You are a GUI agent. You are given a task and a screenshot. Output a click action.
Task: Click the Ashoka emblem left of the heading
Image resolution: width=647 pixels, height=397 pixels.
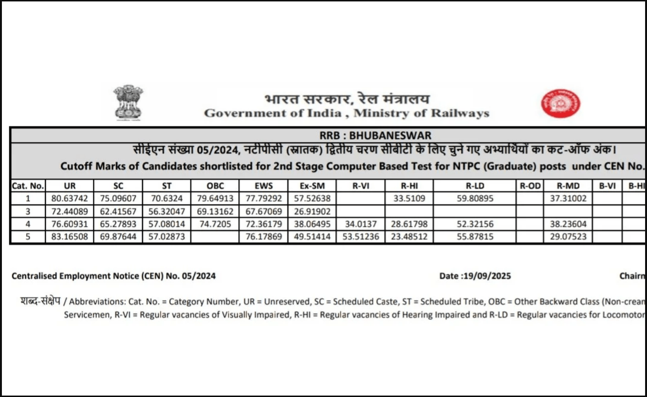tap(128, 102)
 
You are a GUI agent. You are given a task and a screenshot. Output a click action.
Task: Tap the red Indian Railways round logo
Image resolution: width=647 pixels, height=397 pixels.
tap(560, 103)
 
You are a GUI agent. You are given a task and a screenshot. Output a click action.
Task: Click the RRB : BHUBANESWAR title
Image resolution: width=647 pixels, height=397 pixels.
tap(375, 136)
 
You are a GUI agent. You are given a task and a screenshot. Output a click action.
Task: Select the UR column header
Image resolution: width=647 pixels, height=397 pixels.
tap(70, 186)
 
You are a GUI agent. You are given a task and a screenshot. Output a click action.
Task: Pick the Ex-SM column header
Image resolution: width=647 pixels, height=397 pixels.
tap(312, 186)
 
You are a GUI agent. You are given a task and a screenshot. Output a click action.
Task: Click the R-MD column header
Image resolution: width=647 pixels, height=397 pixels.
tap(568, 186)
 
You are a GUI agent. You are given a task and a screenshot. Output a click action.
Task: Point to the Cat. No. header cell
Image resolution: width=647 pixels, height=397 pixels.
tap(28, 186)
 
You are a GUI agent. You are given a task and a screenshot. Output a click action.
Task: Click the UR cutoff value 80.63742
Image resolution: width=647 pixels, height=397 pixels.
tap(70, 198)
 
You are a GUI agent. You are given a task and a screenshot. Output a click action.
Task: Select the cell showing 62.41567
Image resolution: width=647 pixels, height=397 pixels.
tap(118, 211)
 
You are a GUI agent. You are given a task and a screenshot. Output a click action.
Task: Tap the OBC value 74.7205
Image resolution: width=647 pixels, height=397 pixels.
tap(215, 224)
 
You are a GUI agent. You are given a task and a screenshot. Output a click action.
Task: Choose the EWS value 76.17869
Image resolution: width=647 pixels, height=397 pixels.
tap(263, 237)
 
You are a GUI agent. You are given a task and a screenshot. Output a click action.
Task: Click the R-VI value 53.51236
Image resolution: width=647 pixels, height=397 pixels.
tap(361, 237)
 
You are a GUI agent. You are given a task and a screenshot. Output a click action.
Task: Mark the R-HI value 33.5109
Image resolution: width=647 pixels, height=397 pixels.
tap(409, 198)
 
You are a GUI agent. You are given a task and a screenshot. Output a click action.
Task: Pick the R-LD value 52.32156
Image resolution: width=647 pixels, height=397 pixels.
tap(475, 224)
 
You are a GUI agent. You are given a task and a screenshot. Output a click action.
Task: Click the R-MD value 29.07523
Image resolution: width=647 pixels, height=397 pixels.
tap(568, 237)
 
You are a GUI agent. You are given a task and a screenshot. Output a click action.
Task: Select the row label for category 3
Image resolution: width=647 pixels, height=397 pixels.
tap(28, 211)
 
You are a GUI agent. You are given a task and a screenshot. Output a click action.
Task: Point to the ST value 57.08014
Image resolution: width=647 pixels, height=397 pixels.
tap(166, 224)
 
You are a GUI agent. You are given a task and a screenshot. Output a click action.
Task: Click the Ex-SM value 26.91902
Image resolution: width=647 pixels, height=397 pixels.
tap(312, 211)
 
